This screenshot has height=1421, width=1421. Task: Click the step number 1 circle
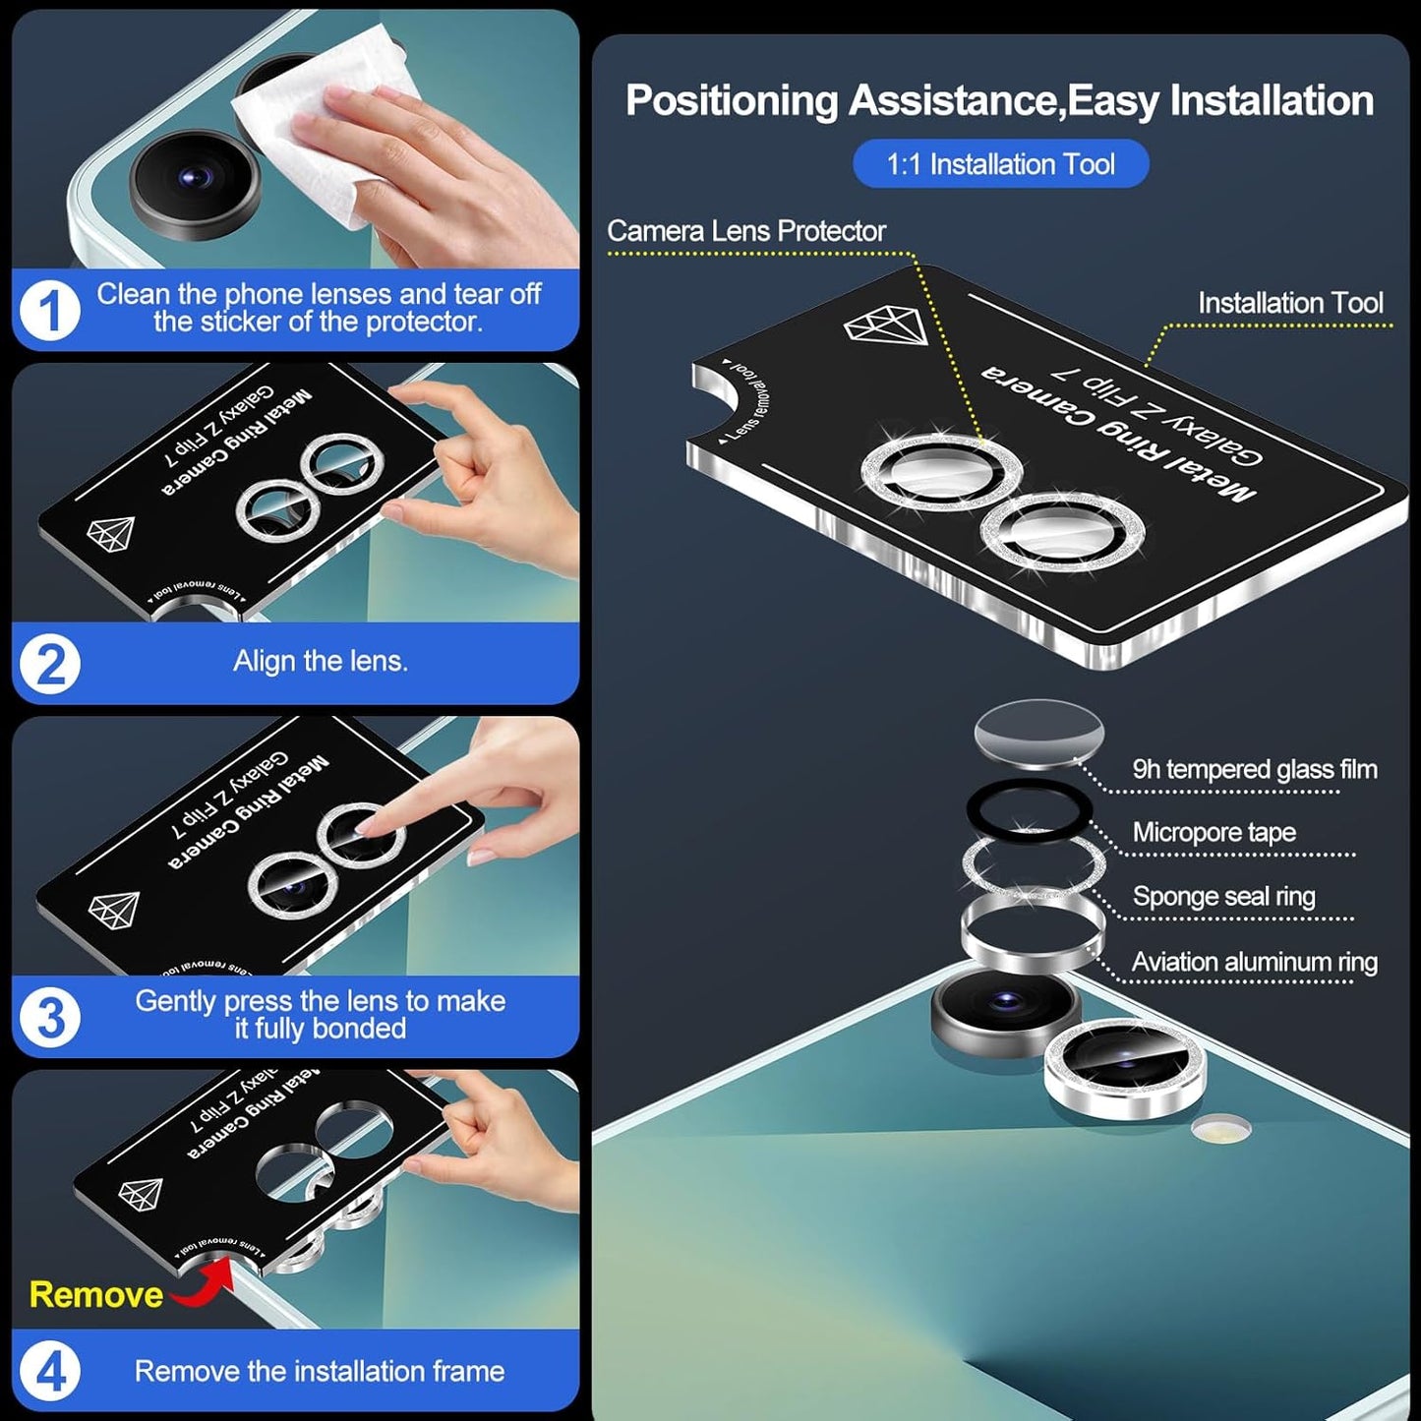click(x=49, y=311)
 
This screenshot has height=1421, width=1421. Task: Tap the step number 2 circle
click(x=49, y=664)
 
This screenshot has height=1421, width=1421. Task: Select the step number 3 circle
click(x=49, y=1017)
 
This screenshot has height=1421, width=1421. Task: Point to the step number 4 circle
click(x=49, y=1371)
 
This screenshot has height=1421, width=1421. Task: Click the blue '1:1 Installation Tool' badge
click(x=1000, y=164)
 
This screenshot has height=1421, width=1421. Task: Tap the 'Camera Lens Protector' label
click(x=745, y=231)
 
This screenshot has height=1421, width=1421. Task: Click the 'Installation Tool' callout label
click(x=1289, y=303)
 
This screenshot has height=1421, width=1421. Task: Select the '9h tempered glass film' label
click(x=1254, y=769)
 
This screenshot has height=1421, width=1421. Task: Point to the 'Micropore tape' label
click(x=1214, y=832)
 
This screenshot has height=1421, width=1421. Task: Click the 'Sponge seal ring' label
click(x=1223, y=896)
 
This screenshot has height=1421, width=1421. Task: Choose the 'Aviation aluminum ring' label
click(x=1254, y=962)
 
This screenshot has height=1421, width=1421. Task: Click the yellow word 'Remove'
click(x=95, y=1294)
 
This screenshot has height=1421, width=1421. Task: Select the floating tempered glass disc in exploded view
click(x=1038, y=733)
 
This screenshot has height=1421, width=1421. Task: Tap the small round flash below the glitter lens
click(x=1220, y=1129)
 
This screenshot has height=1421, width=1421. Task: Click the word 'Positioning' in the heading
click(x=730, y=101)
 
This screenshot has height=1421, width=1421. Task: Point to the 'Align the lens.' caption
click(x=320, y=662)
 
